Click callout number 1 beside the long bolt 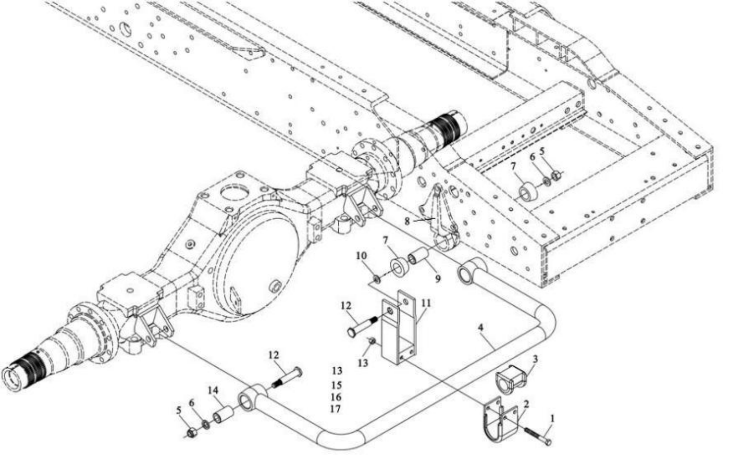point(552,418)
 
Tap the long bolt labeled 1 point(537,435)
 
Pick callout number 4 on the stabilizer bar point(480,327)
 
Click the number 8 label point(407,221)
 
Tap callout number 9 point(438,279)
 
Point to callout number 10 point(361,256)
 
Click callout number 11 point(426,302)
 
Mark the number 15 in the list point(336,385)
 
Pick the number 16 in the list point(336,397)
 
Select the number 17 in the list point(335,409)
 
